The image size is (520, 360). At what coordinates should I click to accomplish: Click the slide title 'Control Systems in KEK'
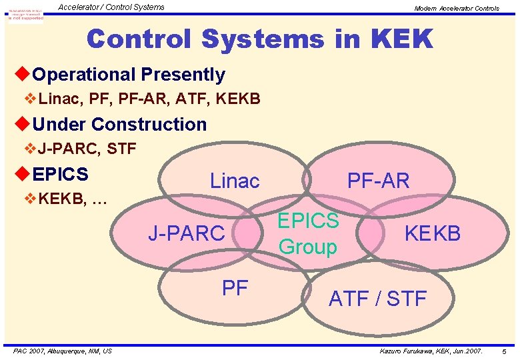point(259,39)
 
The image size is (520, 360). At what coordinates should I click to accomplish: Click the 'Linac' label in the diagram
point(235,180)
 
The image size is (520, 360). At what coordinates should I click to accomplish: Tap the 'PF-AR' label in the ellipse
point(378,180)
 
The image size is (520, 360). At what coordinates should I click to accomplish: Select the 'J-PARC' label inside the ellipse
point(186,233)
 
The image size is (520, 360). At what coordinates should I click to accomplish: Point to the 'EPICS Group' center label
point(308,234)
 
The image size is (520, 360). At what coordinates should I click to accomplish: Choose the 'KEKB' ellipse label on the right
point(432,233)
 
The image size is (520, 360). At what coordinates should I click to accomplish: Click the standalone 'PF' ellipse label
point(235,288)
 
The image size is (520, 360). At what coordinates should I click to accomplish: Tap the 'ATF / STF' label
point(377,299)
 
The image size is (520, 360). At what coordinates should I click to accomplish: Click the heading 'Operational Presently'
point(128,74)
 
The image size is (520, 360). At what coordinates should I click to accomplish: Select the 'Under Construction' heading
point(119,124)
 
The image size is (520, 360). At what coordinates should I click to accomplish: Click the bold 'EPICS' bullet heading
point(60,174)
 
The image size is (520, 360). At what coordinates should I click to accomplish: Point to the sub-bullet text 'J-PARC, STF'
point(87,149)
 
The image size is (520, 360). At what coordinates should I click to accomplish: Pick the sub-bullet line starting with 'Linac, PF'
point(149,99)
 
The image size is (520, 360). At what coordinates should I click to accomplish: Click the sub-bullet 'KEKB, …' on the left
point(73,198)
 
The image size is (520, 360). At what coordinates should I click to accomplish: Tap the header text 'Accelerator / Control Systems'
point(111,7)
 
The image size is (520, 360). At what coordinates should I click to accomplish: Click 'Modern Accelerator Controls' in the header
point(456,8)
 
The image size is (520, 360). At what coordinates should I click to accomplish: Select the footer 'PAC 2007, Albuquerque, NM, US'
point(63,351)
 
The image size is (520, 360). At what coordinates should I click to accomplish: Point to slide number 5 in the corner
point(504,351)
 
